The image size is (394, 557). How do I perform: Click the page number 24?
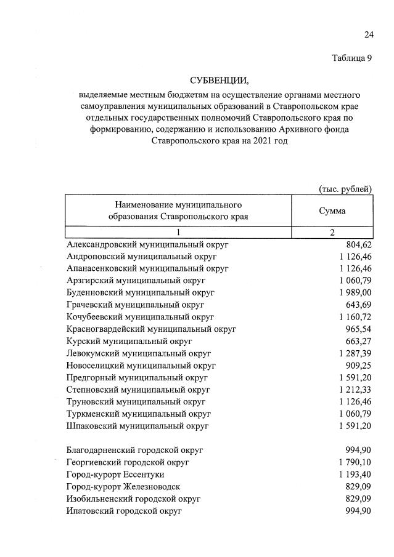[x=369, y=35]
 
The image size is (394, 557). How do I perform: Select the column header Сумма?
[x=332, y=210]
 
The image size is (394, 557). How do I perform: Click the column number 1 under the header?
[x=178, y=233]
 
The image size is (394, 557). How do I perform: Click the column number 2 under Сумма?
[x=332, y=233]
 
